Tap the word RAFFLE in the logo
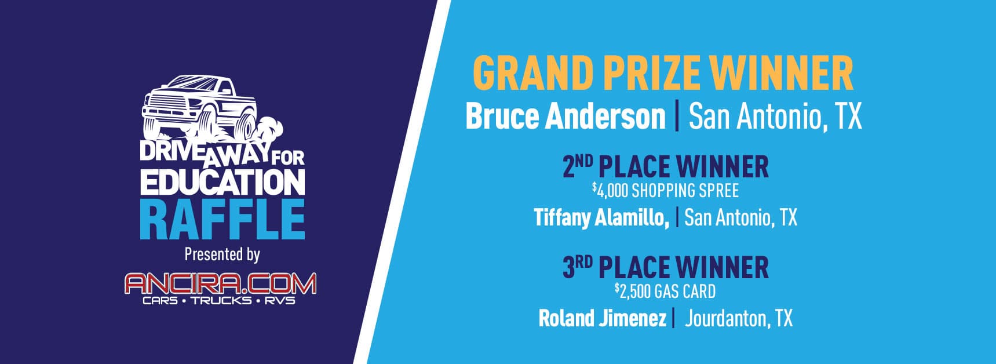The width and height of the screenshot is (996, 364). (222, 220)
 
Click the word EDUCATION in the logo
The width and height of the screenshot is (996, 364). (222, 182)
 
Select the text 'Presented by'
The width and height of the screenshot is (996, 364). (222, 254)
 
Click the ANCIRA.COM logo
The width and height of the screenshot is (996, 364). (221, 283)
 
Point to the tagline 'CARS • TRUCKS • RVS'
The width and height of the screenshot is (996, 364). (219, 301)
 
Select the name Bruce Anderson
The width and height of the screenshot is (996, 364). (566, 117)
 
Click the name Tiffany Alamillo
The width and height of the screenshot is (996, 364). (601, 217)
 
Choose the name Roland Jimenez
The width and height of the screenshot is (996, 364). (603, 318)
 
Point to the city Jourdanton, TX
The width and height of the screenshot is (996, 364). (739, 318)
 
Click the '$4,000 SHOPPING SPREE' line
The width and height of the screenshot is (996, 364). (665, 190)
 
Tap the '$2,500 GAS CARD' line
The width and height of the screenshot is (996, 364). (665, 291)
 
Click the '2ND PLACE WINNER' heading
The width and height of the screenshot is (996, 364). (666, 167)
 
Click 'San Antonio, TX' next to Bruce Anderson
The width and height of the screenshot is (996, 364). (775, 117)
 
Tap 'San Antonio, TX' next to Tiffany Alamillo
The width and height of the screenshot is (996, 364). (741, 217)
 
